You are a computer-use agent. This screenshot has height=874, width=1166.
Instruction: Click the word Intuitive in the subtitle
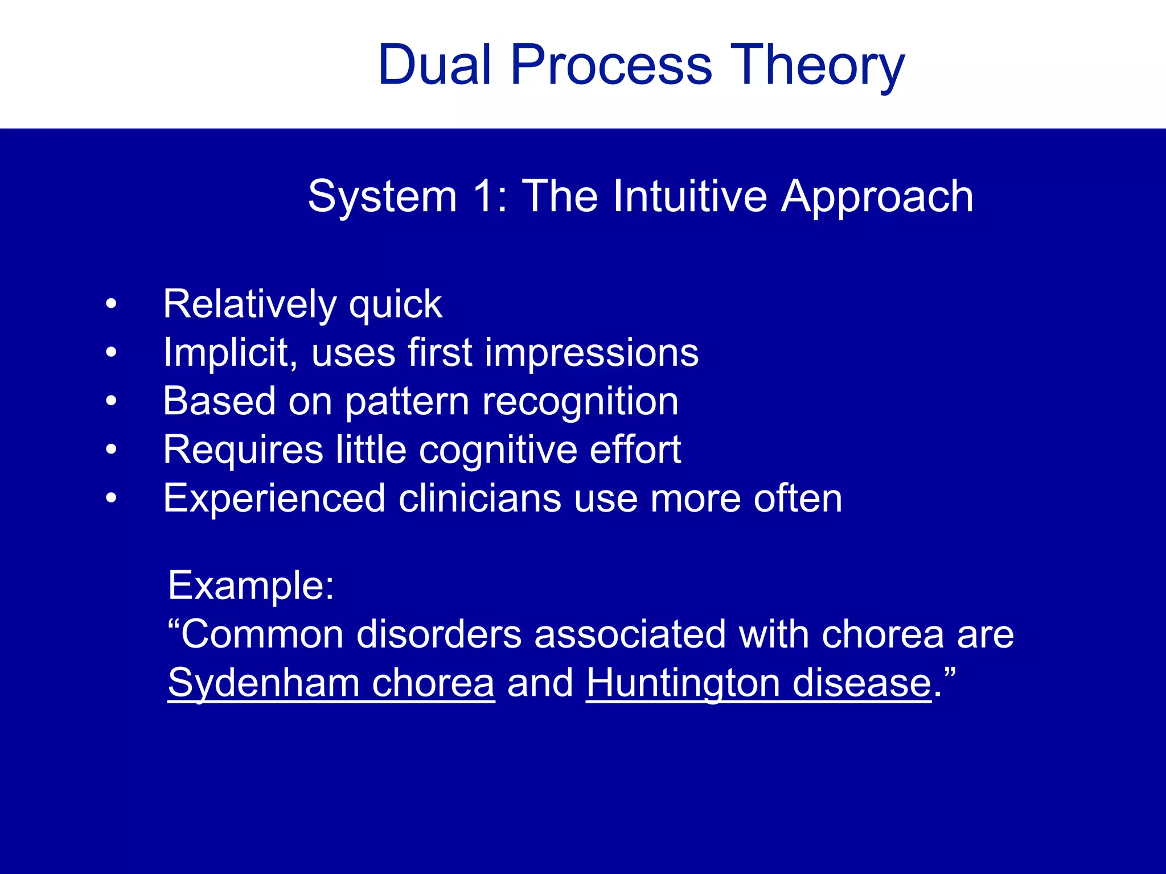pos(689,197)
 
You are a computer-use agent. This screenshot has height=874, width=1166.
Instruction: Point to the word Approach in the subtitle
pos(877,197)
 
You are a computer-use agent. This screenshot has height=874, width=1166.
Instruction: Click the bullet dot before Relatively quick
pos(111,304)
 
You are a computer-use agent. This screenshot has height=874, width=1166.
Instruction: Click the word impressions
pos(592,353)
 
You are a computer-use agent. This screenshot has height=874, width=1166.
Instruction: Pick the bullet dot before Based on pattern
pos(111,401)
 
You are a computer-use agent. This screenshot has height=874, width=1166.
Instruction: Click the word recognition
pos(580,401)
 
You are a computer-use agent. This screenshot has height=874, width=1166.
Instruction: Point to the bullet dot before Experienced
pos(111,498)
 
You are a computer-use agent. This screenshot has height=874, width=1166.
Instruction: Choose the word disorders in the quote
pos(438,634)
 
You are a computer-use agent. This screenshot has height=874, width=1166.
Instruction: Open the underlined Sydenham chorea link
pos(331,683)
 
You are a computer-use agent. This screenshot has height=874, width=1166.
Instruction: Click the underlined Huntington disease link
pos(758,683)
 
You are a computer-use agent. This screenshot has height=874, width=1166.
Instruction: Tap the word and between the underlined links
pos(540,683)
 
